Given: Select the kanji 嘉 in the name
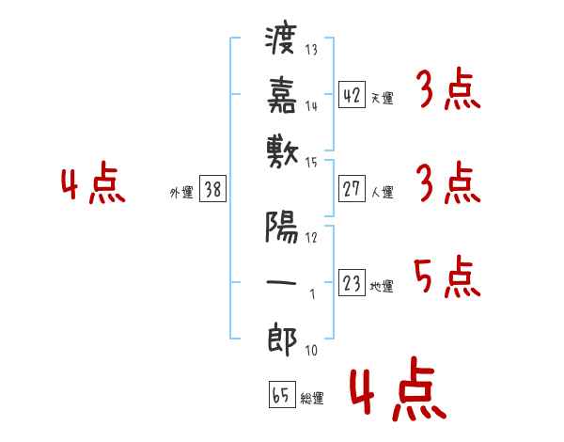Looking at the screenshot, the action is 282,95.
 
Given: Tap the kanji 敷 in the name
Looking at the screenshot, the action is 282,153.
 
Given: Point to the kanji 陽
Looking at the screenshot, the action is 282,227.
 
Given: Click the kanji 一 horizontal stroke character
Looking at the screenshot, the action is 281,282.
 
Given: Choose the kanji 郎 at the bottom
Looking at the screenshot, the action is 282,339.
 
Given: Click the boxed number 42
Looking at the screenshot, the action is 352,94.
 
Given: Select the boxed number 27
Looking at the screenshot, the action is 352,188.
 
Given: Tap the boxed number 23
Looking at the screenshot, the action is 352,282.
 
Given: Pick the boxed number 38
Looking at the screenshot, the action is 212,188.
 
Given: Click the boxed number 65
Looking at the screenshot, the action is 282,394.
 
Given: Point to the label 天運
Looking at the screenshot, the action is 383,98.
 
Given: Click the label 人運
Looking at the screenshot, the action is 383,192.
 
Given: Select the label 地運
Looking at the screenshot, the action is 382,286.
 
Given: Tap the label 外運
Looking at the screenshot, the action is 181,192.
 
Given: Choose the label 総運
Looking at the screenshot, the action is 312,398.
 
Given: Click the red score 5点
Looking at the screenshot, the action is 447,276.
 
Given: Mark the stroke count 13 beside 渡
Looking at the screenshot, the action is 311,49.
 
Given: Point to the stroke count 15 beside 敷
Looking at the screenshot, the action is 311,163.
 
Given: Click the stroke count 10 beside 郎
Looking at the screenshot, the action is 311,350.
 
